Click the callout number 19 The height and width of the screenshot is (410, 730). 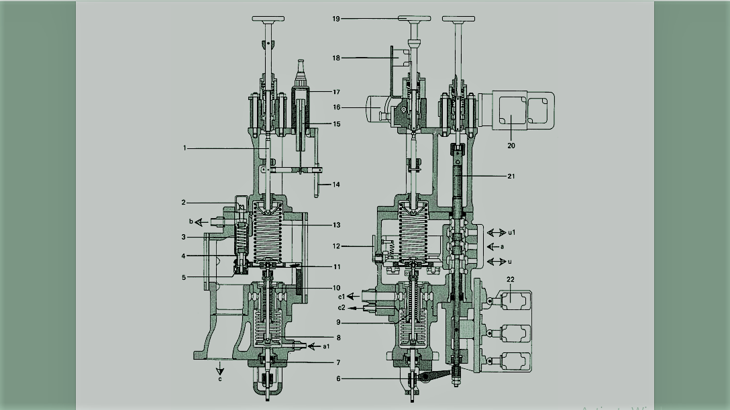click(336, 19)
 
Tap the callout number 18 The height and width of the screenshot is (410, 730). click(336, 58)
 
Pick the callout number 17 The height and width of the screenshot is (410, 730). click(336, 92)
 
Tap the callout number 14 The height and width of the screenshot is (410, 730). click(336, 184)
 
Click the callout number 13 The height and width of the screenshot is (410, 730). click(336, 224)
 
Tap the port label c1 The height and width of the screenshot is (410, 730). click(341, 296)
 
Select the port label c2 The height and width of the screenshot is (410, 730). click(341, 307)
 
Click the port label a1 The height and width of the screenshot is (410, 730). click(327, 346)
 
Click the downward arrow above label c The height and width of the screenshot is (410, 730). click(219, 368)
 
